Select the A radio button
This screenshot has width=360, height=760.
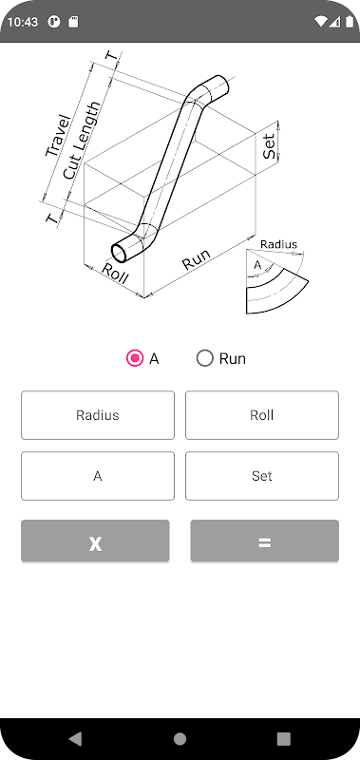click(x=135, y=359)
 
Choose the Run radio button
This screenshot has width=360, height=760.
click(x=205, y=359)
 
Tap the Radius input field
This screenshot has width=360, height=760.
click(x=98, y=415)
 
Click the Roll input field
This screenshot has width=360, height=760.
click(x=262, y=415)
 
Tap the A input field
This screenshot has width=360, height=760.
click(x=98, y=476)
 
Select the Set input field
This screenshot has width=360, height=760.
click(x=262, y=476)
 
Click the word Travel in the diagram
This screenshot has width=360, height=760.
click(x=58, y=136)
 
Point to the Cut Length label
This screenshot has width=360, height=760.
click(x=83, y=141)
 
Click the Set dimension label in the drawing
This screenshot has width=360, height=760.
click(x=269, y=146)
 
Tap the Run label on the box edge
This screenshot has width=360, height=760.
click(x=197, y=259)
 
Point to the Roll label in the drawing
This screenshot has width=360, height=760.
click(x=115, y=275)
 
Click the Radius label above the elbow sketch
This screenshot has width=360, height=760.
click(x=278, y=244)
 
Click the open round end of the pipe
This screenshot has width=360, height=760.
click(x=121, y=252)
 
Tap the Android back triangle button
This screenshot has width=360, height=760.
click(x=75, y=739)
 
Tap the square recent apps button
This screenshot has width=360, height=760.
click(x=283, y=739)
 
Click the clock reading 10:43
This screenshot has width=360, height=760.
click(x=22, y=22)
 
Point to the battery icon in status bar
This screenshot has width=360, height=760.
click(x=350, y=22)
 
